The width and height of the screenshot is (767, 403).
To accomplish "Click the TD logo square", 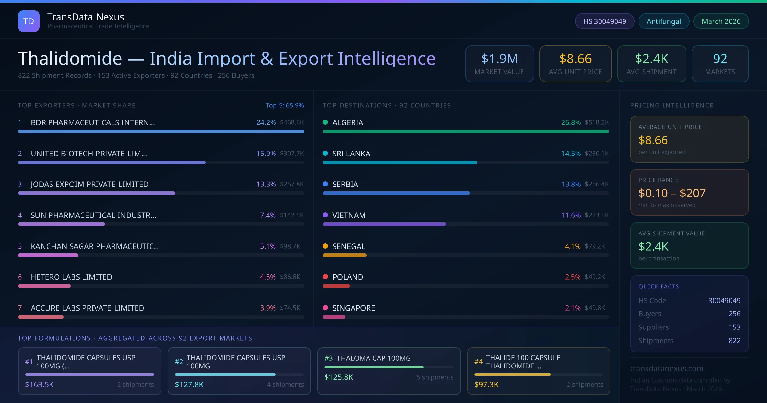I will (x=29, y=21).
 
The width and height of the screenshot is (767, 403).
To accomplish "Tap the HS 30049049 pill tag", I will (x=604, y=21).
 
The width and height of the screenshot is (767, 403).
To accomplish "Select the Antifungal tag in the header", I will (x=664, y=21).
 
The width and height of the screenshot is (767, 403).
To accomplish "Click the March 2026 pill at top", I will (x=721, y=21).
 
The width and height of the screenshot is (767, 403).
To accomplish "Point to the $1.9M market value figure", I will (x=499, y=59).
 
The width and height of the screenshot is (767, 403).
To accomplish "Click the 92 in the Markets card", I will (x=720, y=59).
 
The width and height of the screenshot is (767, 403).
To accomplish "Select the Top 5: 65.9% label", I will (x=284, y=105).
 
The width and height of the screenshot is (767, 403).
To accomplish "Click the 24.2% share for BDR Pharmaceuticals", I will (x=266, y=122).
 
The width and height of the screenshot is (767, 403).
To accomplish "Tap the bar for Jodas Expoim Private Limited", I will (x=97, y=193).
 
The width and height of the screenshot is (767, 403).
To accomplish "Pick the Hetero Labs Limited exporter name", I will (x=71, y=277).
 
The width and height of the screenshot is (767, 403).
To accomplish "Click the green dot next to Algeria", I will (x=325, y=122).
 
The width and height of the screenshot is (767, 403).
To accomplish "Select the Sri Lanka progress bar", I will (x=400, y=162).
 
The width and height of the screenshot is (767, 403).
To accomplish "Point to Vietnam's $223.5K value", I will (x=596, y=215).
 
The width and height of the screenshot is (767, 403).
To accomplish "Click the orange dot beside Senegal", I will (x=325, y=246).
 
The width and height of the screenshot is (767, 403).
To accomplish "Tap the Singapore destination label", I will (x=353, y=308).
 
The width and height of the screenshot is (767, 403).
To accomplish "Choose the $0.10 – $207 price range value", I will (x=672, y=193).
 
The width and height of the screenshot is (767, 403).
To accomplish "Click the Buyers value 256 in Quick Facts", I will (x=734, y=314).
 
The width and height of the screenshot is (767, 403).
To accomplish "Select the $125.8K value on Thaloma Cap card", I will (x=339, y=377).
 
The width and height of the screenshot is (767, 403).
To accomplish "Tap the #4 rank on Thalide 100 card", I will (x=478, y=362).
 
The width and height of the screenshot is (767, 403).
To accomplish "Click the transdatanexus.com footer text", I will (x=667, y=368).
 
